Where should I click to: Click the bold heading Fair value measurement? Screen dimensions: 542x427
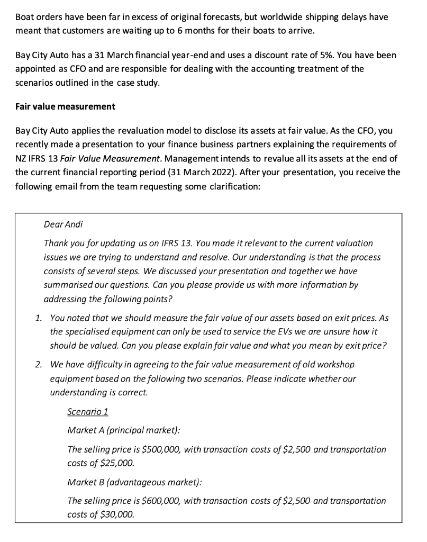[x=65, y=106]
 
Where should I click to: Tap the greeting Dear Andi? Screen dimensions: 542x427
[x=63, y=224]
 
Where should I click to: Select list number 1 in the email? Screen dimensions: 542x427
[x=38, y=318]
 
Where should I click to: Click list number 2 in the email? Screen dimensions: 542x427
[x=38, y=365]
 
